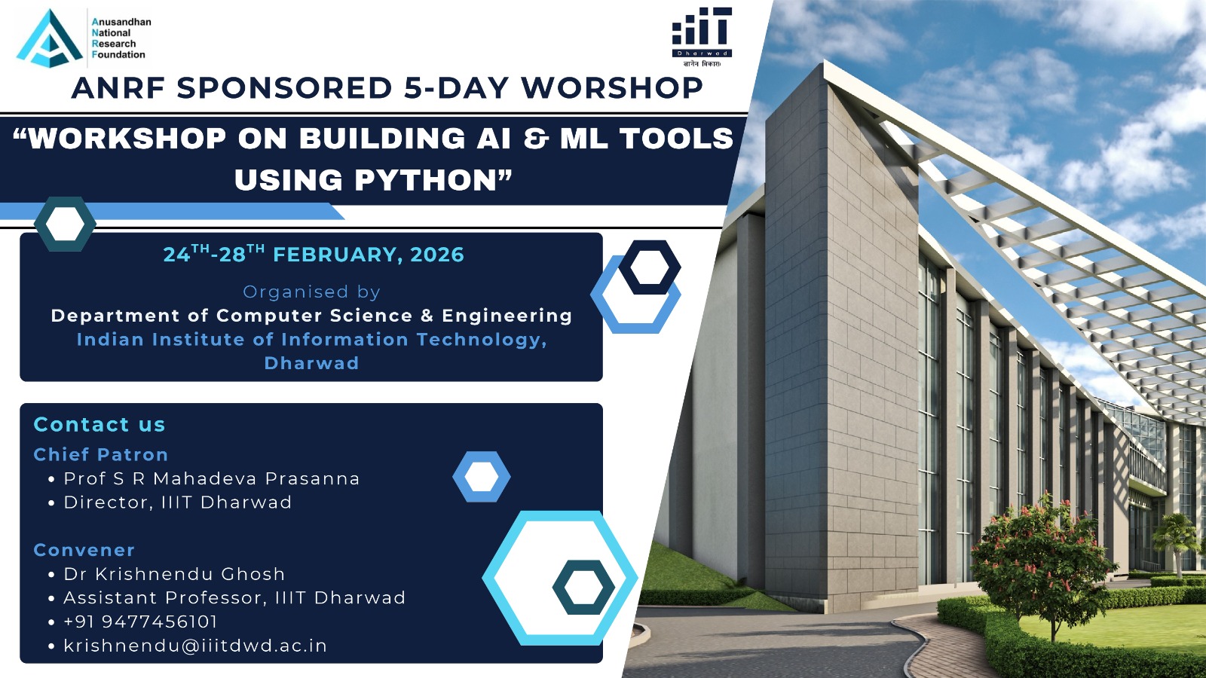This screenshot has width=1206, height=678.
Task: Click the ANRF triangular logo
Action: click(x=50, y=38)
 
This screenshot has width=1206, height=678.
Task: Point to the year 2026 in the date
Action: click(x=436, y=255)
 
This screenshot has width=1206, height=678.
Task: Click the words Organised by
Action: click(x=312, y=292)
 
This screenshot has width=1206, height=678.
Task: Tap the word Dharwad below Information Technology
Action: click(x=311, y=363)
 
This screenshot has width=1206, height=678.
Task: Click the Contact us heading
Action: click(x=99, y=425)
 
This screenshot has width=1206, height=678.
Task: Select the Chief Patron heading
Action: click(x=101, y=455)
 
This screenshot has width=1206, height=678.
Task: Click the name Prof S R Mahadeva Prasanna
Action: click(x=212, y=478)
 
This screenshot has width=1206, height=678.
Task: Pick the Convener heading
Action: click(x=84, y=550)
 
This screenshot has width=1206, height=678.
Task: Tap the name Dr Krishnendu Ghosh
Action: click(x=174, y=574)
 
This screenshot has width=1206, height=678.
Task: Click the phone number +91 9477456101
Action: click(x=140, y=621)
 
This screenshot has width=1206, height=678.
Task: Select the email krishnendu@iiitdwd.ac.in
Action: click(x=195, y=646)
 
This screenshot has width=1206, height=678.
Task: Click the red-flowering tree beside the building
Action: click(x=1045, y=565)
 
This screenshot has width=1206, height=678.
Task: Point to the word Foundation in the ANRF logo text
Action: click(x=118, y=55)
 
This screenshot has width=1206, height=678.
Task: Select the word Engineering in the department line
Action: click(x=507, y=316)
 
